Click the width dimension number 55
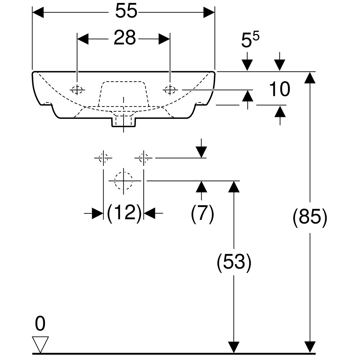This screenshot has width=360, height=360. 126,12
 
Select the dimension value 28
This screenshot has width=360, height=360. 125,38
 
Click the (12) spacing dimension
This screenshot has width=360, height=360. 124,213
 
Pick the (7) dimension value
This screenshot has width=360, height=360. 202,213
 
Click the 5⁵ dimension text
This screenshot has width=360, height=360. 250,41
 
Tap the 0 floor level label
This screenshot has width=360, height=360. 40,324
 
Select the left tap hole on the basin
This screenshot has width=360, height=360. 77,89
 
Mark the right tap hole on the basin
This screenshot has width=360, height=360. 170,89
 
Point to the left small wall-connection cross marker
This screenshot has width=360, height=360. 103,157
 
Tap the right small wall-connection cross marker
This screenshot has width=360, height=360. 144,157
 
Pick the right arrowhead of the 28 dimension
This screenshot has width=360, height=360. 164,39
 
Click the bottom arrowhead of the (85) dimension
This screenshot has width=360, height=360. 310,348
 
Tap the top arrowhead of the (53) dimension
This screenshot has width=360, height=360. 234,186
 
